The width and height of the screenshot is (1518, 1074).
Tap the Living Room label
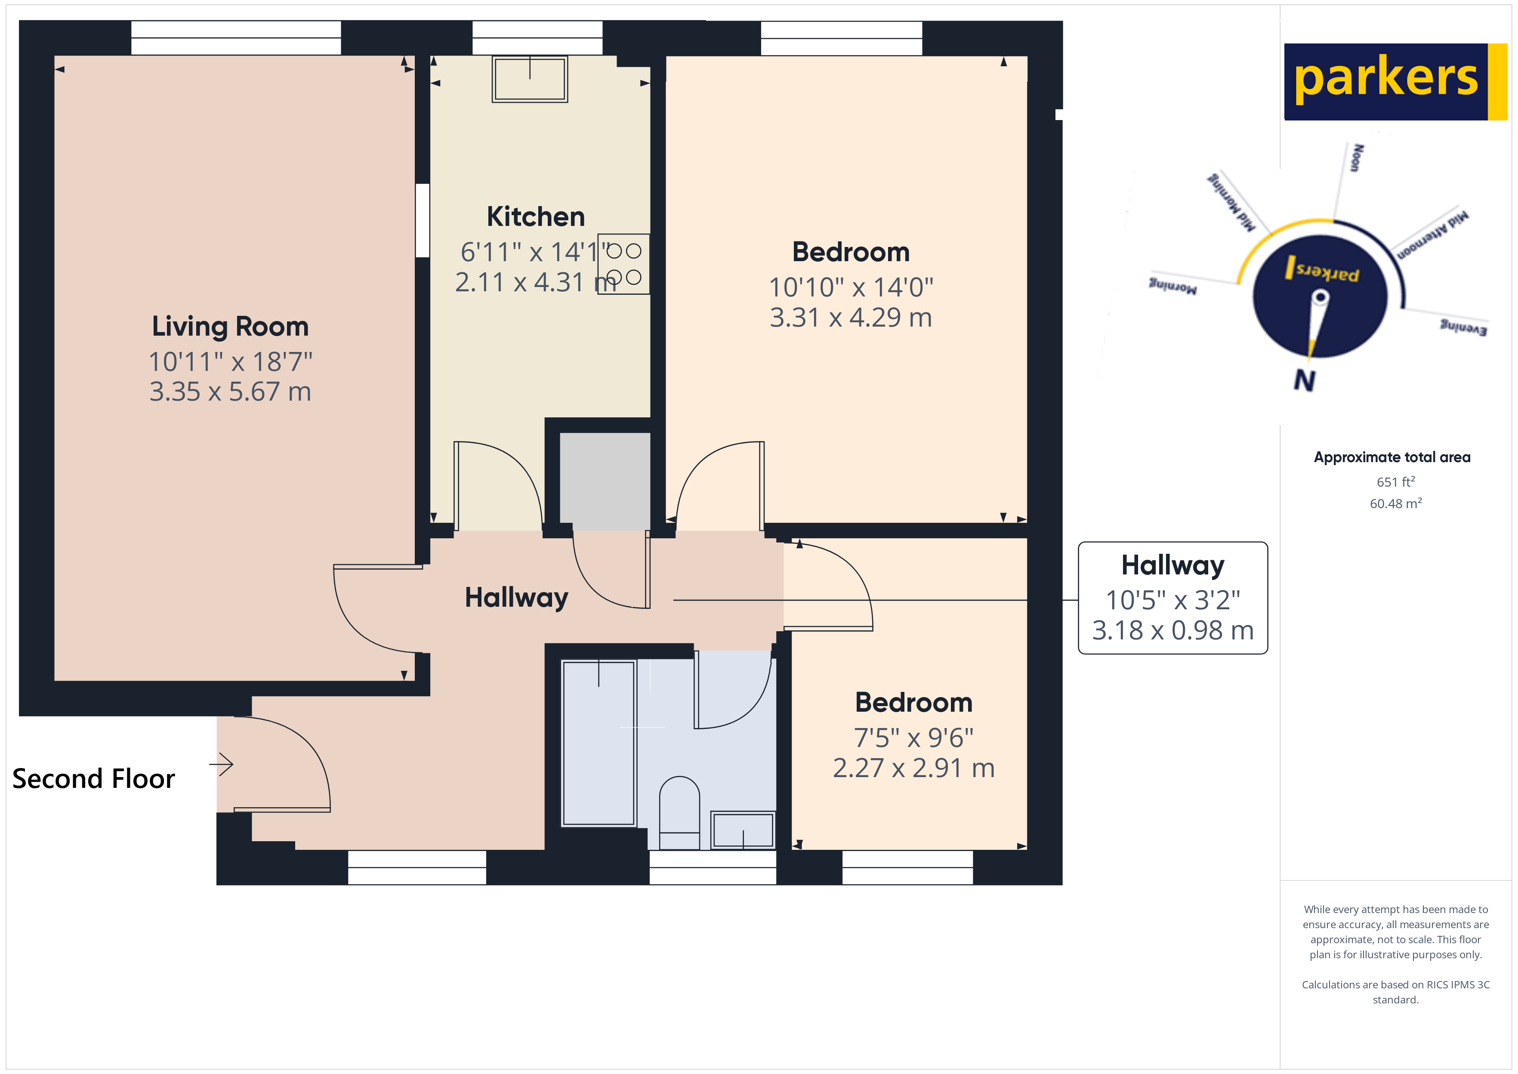[x=230, y=327]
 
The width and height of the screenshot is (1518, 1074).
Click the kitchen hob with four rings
[x=623, y=264]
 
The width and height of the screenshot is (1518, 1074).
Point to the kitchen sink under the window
[x=530, y=79]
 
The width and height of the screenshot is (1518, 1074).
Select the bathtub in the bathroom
[x=599, y=743]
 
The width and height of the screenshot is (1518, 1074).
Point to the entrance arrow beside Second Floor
[x=222, y=765]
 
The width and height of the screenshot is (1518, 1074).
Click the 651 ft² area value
[x=1395, y=482]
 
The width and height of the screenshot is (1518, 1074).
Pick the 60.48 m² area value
[x=1395, y=504]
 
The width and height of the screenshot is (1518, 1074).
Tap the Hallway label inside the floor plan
[x=516, y=598]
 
